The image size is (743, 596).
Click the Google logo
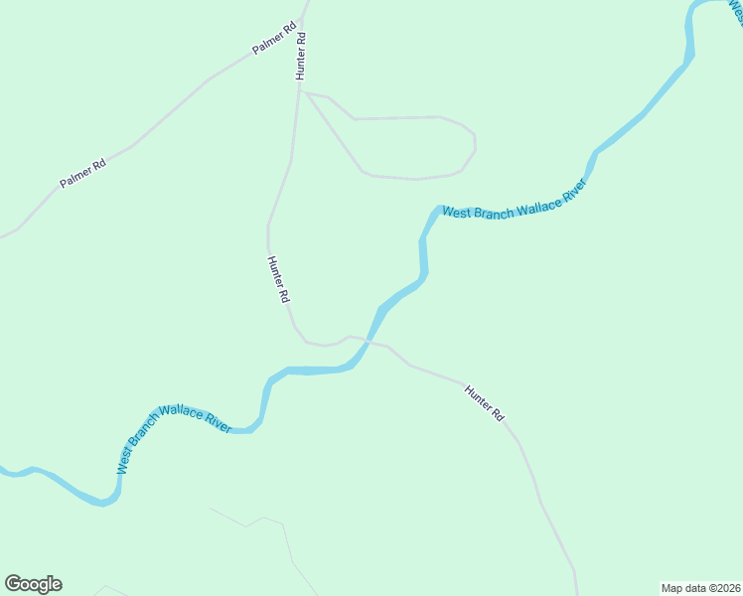[33, 584]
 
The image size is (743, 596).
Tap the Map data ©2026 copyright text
[699, 587]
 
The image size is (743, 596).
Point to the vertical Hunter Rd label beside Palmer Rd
[301, 56]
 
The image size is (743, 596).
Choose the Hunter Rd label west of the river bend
[278, 279]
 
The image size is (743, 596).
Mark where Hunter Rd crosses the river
[369, 341]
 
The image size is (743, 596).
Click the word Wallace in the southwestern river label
[182, 412]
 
